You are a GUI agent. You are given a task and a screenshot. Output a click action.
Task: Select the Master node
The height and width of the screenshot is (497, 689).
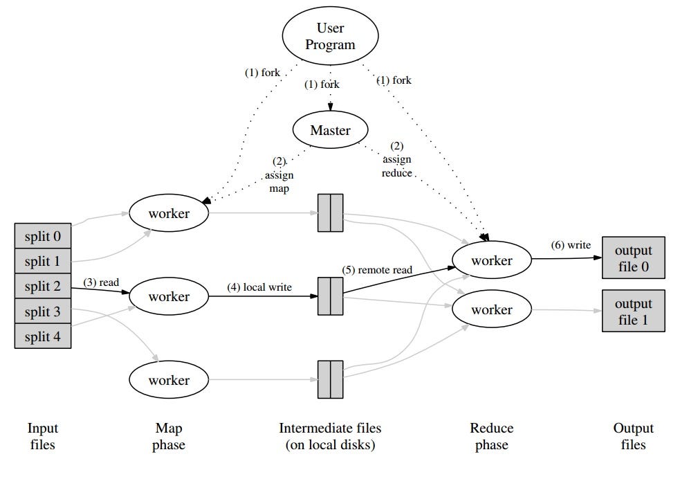(x=330, y=130)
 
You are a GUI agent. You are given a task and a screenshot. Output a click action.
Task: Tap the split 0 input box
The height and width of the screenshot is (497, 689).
(x=43, y=236)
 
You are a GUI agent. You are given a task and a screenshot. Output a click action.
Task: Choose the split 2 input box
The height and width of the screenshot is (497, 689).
(x=43, y=287)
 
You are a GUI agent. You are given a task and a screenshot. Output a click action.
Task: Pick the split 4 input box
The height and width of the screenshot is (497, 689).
(x=43, y=336)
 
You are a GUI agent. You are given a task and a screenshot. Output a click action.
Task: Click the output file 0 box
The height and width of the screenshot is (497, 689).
(x=633, y=258)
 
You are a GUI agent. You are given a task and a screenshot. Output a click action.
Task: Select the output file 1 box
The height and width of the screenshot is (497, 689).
(x=633, y=311)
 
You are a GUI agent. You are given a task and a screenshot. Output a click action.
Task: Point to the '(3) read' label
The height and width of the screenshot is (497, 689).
(x=102, y=282)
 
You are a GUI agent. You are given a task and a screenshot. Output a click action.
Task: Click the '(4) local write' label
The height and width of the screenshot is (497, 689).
(x=259, y=287)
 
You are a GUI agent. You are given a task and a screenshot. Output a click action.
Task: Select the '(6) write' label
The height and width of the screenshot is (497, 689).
(x=571, y=245)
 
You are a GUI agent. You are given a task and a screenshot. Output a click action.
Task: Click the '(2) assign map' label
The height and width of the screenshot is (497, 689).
(x=278, y=175)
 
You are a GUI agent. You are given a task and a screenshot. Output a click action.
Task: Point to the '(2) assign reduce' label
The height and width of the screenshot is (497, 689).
(x=397, y=160)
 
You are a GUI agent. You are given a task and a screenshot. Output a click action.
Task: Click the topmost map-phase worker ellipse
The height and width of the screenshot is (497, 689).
(x=169, y=213)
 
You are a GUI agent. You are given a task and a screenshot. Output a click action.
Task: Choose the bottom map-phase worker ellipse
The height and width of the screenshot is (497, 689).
(x=169, y=380)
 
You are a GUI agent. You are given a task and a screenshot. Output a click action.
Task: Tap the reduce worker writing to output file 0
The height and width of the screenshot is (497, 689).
(x=492, y=260)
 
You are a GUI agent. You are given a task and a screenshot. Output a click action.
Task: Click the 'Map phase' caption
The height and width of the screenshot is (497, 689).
(x=169, y=436)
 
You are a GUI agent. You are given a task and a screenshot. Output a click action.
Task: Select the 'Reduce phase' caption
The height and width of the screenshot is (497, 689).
(x=491, y=436)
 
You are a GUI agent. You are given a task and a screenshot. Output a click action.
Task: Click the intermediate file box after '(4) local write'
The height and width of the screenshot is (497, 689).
(x=330, y=296)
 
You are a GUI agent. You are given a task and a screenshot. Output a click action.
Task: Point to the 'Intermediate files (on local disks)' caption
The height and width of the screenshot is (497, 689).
(x=330, y=436)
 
